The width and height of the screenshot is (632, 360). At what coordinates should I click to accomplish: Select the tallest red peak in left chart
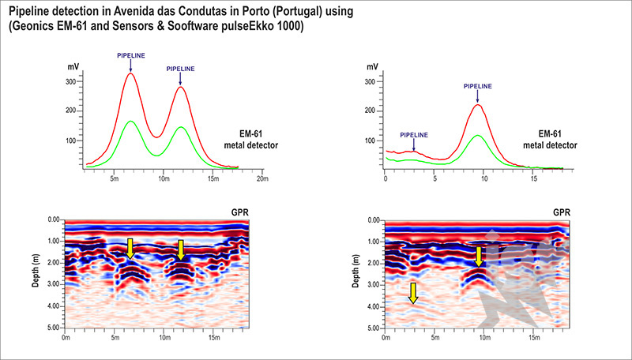130,73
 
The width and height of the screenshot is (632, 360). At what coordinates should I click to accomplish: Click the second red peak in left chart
181,87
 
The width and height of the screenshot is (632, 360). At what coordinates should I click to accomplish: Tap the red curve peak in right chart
477,105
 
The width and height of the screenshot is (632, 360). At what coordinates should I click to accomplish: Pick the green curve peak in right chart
477,135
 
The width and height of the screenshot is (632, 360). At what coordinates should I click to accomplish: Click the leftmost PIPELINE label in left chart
131,56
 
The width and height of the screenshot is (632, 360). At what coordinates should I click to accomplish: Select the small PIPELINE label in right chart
414,135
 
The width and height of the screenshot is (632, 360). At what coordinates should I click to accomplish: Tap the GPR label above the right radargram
560,213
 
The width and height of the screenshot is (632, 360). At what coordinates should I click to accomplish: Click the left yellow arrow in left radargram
130,249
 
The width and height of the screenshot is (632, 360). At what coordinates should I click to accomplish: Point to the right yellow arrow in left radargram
181,249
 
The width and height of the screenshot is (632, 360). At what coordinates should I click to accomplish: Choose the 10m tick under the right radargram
483,339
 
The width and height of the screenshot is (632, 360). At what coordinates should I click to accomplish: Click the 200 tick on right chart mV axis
371,111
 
